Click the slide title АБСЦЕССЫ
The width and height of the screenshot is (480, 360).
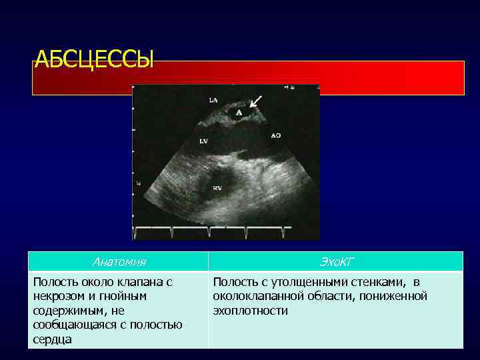pyautogui.click(x=93, y=60)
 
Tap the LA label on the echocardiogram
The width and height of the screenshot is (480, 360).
pyautogui.click(x=213, y=100)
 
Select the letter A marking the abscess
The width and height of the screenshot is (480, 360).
pyautogui.click(x=239, y=113)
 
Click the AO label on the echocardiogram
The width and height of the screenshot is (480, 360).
pyautogui.click(x=275, y=135)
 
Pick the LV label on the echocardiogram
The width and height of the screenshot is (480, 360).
pyautogui.click(x=204, y=141)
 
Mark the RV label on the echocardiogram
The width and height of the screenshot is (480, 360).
pyautogui.click(x=218, y=189)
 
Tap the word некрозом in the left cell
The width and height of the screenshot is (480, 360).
pyautogui.click(x=60, y=296)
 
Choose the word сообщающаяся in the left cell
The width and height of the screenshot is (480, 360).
pyautogui.click(x=69, y=325)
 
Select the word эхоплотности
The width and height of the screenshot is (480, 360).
pyautogui.click(x=251, y=311)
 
